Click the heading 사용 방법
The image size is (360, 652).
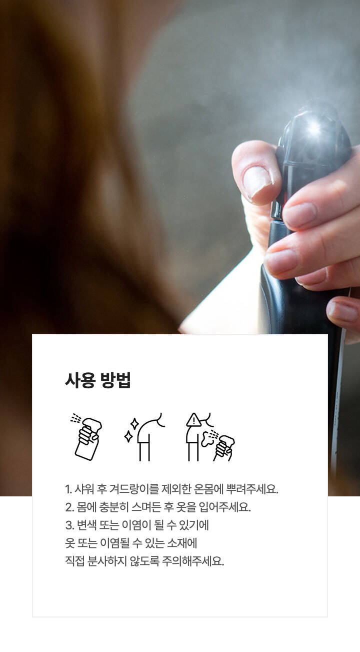[98, 380]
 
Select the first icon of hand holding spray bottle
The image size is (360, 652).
[86, 437]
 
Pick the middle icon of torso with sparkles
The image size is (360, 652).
[144, 437]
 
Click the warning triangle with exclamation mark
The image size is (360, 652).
[193, 420]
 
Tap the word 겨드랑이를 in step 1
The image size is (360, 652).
[134, 489]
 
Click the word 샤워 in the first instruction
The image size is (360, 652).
[84, 489]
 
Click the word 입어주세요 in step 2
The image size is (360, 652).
[224, 507]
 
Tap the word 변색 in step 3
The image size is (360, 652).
[86, 525]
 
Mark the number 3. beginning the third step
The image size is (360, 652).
[69, 525]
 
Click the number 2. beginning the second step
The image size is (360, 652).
[69, 507]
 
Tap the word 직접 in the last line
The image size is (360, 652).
[74, 561]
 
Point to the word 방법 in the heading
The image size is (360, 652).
[115, 380]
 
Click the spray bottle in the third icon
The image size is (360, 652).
[224, 448]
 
